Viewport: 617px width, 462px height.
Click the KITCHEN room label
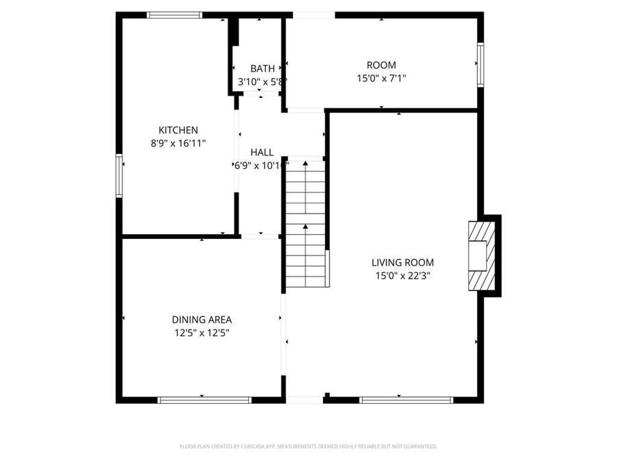tap(178, 130)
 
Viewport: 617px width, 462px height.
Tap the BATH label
tap(262, 68)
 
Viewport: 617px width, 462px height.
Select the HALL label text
tap(262, 152)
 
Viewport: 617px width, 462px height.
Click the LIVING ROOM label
tap(402, 262)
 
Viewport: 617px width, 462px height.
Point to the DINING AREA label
tap(202, 320)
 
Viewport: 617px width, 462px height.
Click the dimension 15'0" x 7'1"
tap(381, 79)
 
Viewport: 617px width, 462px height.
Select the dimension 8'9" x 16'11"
tap(178, 143)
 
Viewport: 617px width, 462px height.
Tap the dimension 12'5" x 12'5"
tap(202, 333)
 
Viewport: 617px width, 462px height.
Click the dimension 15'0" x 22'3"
tap(402, 275)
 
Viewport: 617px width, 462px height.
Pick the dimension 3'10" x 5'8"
tap(262, 81)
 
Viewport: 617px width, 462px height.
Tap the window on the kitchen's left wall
tap(119, 176)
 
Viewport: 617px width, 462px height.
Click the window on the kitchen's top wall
tap(174, 14)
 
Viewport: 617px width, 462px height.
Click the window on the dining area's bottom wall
tap(204, 400)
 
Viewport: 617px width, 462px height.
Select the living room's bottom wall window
tap(406, 400)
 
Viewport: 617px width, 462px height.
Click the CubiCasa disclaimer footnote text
tap(308, 446)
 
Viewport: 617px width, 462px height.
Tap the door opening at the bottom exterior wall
tap(304, 400)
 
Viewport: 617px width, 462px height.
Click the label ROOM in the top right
tap(381, 66)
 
